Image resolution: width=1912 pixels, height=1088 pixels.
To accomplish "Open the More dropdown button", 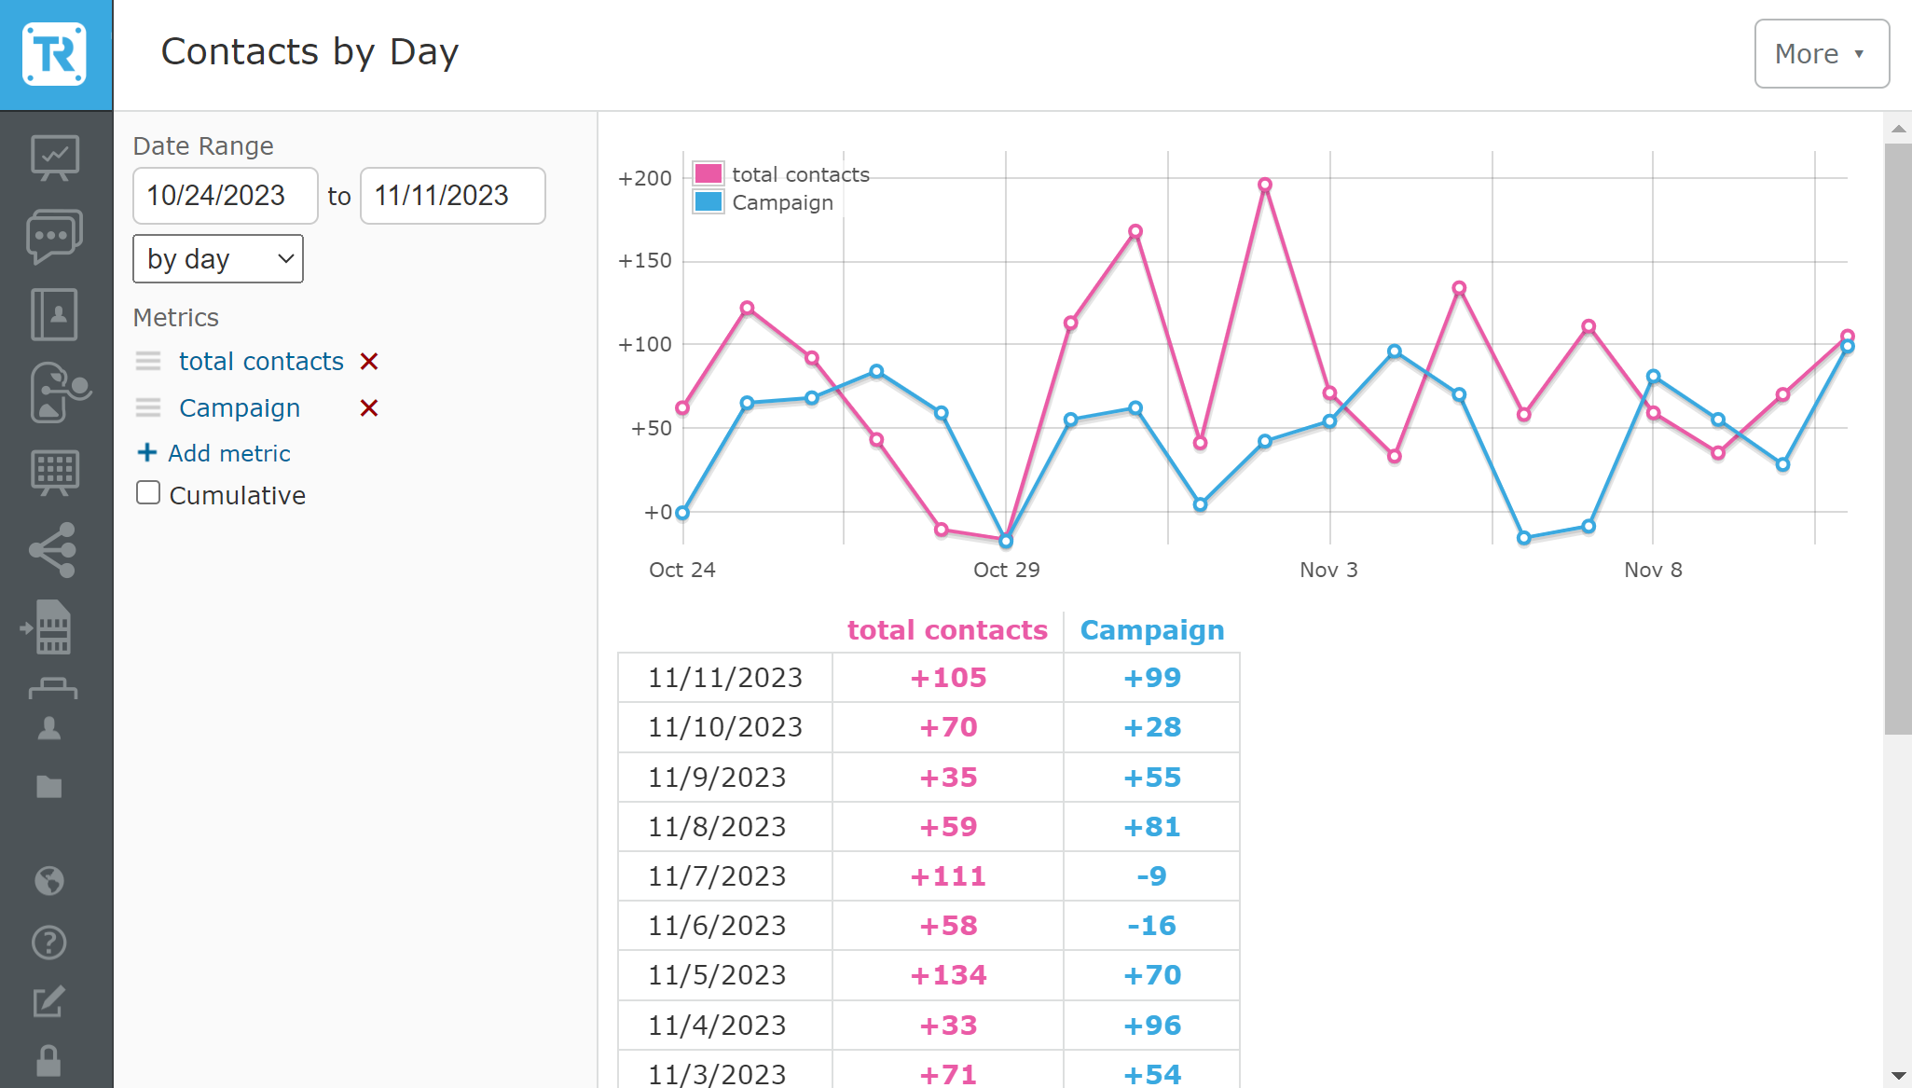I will point(1821,54).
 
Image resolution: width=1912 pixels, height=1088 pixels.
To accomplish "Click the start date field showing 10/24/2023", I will point(225,196).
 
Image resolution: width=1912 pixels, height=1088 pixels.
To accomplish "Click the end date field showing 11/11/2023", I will point(452,196).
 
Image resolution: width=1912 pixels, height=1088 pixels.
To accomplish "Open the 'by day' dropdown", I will point(218,259).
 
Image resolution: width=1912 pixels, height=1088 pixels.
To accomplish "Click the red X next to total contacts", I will point(369,362).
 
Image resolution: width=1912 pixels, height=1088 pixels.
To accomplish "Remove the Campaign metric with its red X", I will point(369,408).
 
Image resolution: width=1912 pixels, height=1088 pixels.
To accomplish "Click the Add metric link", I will point(214,453).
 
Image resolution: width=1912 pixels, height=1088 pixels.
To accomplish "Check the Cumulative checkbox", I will point(148,493).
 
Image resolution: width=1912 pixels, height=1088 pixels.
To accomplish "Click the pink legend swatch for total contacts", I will point(708,174).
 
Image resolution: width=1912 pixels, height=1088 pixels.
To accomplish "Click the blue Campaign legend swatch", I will point(708,202).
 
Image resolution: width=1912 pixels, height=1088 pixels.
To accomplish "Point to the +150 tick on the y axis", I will point(645,261).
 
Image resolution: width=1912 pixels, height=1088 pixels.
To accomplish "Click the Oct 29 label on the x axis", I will point(1006,570).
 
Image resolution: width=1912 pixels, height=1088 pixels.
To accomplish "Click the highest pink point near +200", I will point(1265,185).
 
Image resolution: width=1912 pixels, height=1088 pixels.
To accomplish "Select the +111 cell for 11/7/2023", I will point(947,876).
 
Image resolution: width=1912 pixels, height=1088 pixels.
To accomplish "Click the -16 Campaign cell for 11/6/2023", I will point(1151,926).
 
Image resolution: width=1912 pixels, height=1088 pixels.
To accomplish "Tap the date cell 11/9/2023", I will point(717,778).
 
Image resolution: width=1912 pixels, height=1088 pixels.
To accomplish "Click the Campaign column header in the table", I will point(1151,630).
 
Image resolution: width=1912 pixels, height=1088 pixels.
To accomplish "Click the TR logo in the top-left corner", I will point(55,55).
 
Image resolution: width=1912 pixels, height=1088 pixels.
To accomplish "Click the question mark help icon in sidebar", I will point(48,943).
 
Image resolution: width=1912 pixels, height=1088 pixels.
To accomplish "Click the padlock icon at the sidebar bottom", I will point(48,1061).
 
